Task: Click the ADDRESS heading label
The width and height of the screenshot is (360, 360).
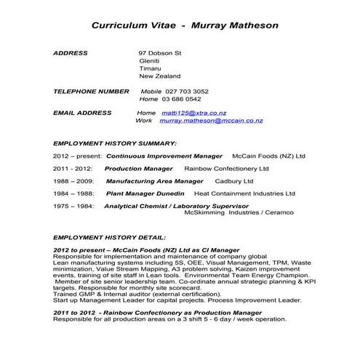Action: [71, 53]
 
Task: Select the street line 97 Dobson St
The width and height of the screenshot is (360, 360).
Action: [160, 53]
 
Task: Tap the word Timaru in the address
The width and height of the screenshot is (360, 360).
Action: [151, 68]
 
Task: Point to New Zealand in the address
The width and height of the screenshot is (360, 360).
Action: [159, 76]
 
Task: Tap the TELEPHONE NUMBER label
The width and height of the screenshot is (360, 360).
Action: [91, 91]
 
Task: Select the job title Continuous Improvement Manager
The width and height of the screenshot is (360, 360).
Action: [164, 156]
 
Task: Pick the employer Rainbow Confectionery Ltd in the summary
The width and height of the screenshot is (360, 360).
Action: [226, 168]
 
